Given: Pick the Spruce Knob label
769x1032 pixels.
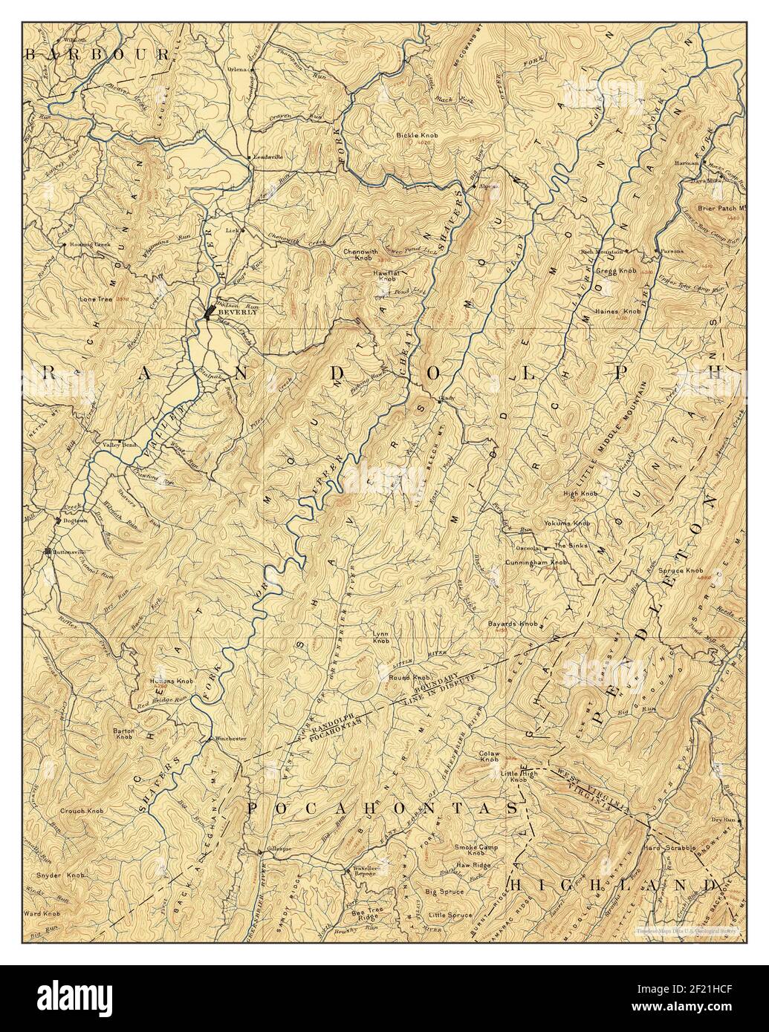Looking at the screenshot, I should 684,570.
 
